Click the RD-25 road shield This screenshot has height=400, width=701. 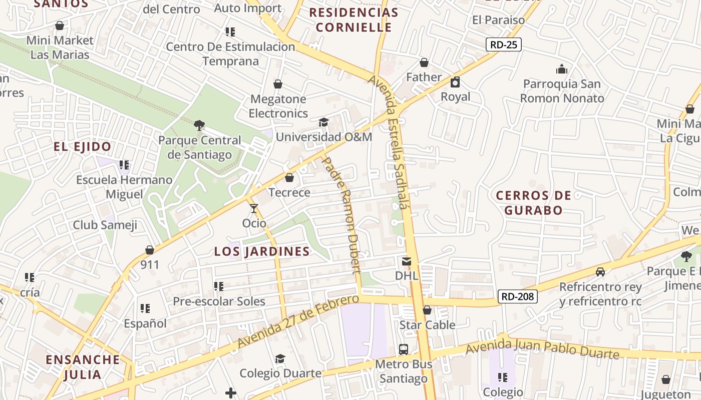click(x=504, y=44)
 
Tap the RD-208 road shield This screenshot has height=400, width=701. click(x=518, y=296)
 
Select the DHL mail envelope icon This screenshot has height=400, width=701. click(x=406, y=261)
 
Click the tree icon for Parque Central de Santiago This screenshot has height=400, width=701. click(x=199, y=125)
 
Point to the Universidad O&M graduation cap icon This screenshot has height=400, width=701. click(x=323, y=122)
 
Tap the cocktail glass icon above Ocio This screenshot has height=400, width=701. click(x=254, y=208)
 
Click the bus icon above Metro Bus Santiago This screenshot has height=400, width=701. click(x=403, y=349)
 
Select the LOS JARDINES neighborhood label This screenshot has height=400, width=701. click(x=262, y=251)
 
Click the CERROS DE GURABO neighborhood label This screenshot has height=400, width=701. click(x=533, y=202)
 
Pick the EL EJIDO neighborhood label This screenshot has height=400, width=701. click(x=83, y=147)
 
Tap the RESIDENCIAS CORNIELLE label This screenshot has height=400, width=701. click(x=354, y=20)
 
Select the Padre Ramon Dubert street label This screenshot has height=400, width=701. click(x=341, y=215)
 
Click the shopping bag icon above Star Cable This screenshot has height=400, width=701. click(x=427, y=310)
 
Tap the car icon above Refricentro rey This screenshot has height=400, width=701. click(x=600, y=272)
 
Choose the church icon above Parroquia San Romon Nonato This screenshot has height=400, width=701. click(x=562, y=69)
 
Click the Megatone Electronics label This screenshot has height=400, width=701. click(x=278, y=106)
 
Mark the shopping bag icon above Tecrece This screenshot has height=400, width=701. click(x=289, y=177)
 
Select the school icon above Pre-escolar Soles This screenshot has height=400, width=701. click(x=219, y=286)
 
